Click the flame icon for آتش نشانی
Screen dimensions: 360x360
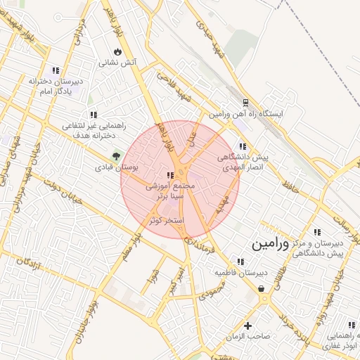[117, 52]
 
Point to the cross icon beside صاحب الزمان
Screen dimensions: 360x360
[247, 325]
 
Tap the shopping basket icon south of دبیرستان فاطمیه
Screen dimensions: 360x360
[262, 288]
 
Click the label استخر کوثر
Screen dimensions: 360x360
[165, 221]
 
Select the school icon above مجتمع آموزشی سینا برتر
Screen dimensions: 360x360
[169, 175]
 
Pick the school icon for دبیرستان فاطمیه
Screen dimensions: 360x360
[240, 262]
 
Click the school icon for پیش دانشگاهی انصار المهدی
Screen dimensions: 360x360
[243, 147]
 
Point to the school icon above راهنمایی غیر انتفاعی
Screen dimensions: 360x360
[93, 115]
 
